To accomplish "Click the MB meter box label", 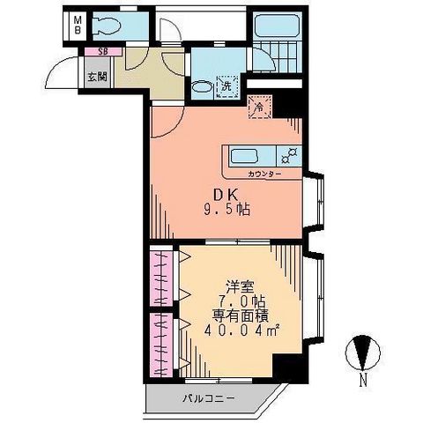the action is [x=78, y=25].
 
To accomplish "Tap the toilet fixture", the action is [x=107, y=26].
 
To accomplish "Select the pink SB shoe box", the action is [x=103, y=51].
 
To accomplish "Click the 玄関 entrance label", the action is [x=97, y=77].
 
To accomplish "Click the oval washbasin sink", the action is [x=202, y=87].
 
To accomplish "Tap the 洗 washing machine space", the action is [x=226, y=86].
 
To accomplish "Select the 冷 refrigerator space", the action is [x=260, y=108].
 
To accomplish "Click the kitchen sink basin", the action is [x=244, y=156].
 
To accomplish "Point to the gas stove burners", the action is [x=290, y=156].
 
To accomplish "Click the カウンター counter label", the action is [x=264, y=174].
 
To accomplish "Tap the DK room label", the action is [x=226, y=194].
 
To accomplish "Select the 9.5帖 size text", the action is [x=226, y=210].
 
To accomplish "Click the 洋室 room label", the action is [x=240, y=286].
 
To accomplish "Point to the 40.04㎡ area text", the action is [x=241, y=331].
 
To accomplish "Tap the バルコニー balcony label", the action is [x=209, y=398].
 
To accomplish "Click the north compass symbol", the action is [x=363, y=352].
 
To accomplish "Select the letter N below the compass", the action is [x=363, y=381].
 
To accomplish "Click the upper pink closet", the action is [x=161, y=278].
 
